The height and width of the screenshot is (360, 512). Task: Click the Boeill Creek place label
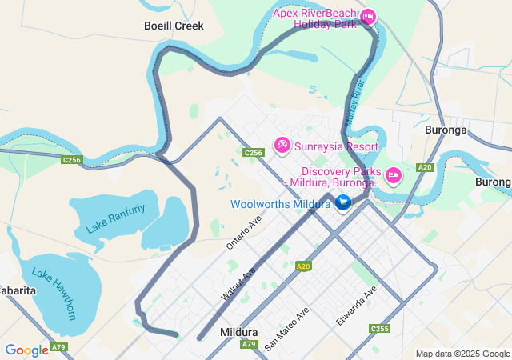174,26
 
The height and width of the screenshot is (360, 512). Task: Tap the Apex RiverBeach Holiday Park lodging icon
367,17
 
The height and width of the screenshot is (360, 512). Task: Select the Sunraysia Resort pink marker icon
282,146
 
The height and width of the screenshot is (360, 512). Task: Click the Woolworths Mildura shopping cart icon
343,203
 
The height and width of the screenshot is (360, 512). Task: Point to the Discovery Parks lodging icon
393,175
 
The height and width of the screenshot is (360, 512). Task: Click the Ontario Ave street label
244,232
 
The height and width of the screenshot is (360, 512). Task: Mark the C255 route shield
379,329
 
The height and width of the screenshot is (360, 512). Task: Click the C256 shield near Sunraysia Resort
254,152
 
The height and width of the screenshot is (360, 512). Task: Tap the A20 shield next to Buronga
425,167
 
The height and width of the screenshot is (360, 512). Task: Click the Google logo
26,350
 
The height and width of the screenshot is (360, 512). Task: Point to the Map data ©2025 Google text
462,354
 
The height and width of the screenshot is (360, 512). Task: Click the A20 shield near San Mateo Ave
303,266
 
